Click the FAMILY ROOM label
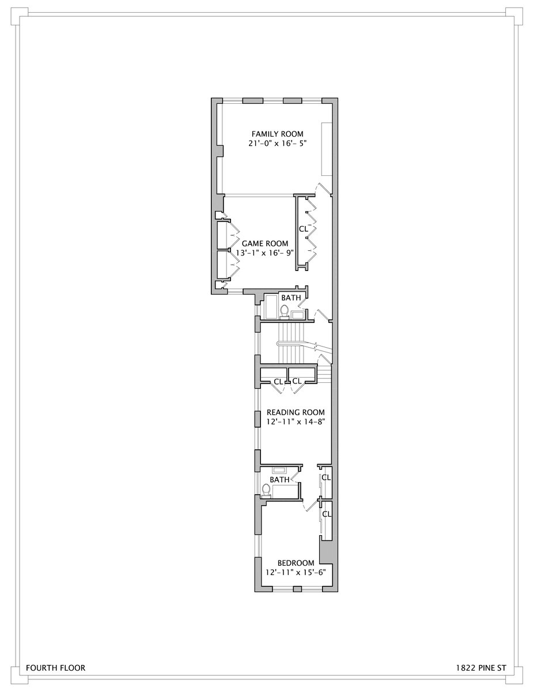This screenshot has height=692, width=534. click(274, 134)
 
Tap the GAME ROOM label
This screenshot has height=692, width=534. click(264, 243)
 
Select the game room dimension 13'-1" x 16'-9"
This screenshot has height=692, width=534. click(264, 253)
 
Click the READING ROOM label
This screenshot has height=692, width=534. click(296, 413)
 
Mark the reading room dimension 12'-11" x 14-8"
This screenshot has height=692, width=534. click(296, 422)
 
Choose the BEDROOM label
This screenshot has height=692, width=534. click(296, 563)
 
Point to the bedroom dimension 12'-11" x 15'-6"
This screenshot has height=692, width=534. click(296, 573)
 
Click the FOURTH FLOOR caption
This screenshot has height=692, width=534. click(55, 668)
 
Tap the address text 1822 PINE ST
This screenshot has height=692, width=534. click(480, 668)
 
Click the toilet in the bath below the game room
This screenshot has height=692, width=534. click(284, 312)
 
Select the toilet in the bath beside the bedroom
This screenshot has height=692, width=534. click(266, 491)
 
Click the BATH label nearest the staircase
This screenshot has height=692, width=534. click(290, 298)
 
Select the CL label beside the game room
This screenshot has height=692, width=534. click(304, 229)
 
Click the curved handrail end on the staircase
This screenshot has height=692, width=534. click(279, 344)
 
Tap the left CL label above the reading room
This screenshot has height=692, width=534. click(279, 381)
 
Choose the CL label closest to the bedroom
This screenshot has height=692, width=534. click(326, 513)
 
